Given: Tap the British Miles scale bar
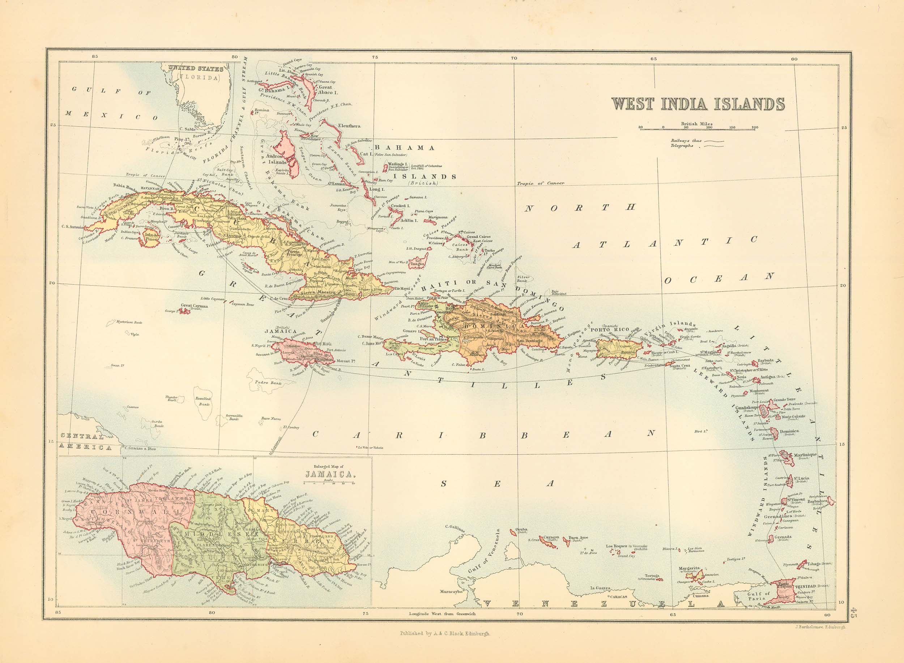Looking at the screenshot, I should tap(698, 128).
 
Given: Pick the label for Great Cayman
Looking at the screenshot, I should tap(194, 306).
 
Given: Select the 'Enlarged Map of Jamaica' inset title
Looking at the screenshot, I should tap(329, 472).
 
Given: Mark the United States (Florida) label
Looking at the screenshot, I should tap(193, 73).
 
